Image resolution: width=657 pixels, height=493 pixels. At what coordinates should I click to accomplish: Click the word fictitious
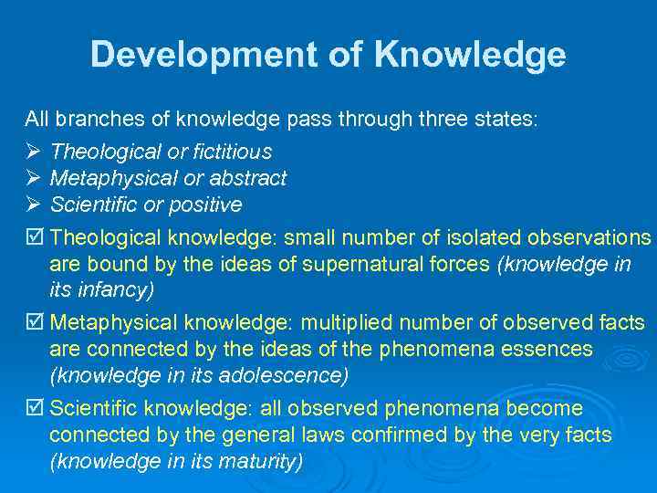(233, 152)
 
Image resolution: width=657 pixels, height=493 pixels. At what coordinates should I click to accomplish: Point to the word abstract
(247, 178)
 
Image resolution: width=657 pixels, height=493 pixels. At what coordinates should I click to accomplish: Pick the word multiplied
(351, 323)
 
